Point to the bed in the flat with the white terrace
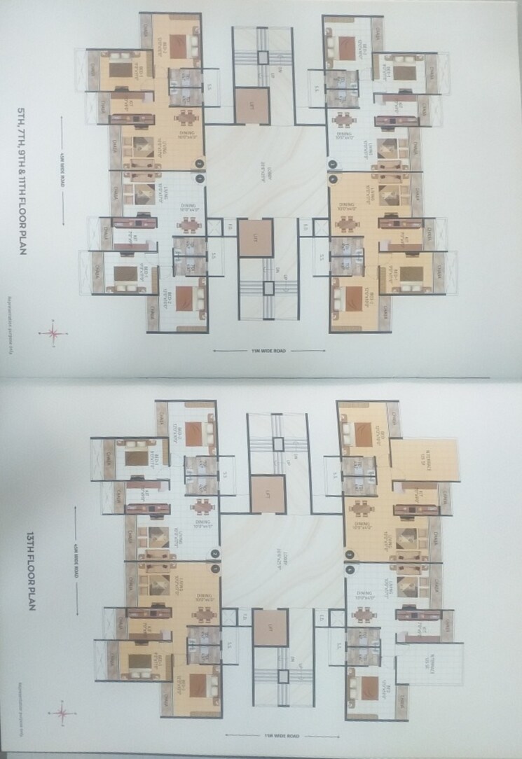tap(364, 688)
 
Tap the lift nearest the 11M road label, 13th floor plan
tap(270, 627)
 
